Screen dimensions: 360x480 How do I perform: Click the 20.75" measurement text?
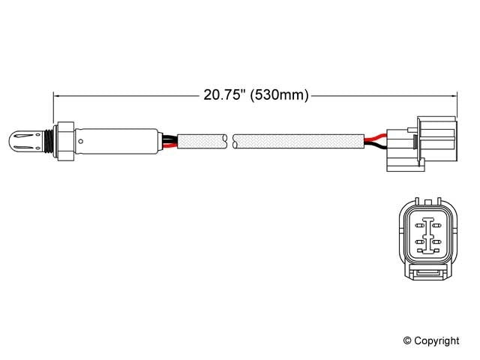223,95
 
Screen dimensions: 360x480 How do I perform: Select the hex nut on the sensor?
65,139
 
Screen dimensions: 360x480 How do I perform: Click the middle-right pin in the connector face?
436,242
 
